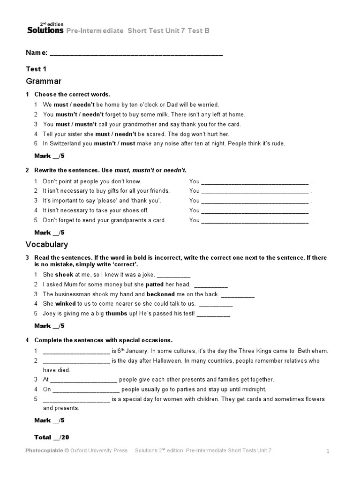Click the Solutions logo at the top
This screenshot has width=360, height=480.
(x=45, y=30)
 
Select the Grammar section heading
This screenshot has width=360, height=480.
(x=44, y=81)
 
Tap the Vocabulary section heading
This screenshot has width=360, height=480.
(x=46, y=244)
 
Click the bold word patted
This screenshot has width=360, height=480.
(x=154, y=284)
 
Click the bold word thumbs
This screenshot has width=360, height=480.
(x=117, y=314)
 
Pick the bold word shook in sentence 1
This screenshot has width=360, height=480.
(x=64, y=275)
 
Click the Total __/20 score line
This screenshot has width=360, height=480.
(x=52, y=437)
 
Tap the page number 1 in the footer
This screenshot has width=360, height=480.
(x=328, y=451)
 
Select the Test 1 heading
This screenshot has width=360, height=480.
(x=36, y=68)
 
